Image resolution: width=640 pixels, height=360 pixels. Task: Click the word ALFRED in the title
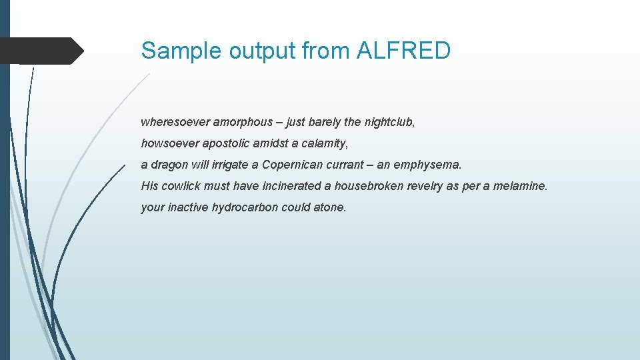[405, 50]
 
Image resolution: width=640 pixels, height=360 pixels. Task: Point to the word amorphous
[242, 122]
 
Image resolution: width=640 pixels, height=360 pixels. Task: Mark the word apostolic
[226, 143]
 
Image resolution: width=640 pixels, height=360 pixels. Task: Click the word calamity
[326, 143]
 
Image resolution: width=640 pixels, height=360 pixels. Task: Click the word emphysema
[428, 165]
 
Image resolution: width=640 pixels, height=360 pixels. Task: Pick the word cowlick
[183, 186]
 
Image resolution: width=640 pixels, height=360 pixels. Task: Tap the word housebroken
[369, 186]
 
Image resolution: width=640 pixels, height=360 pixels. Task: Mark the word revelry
[425, 186]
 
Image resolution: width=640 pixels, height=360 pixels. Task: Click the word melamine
[519, 186]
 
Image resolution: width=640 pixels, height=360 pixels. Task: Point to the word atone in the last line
[330, 207]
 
